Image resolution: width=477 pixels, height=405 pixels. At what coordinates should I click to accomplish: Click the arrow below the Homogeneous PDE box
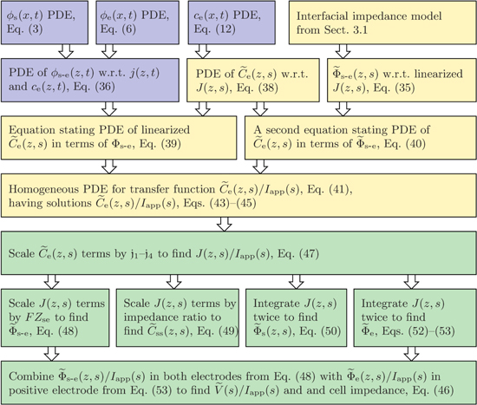pyautogui.click(x=223, y=224)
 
